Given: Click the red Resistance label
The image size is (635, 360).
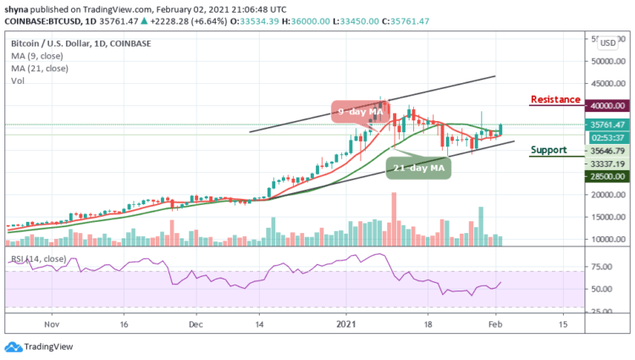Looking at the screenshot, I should pyautogui.click(x=555, y=100).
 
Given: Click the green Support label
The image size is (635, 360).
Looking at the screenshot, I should pyautogui.click(x=548, y=150).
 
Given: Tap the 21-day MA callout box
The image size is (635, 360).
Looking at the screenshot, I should pyautogui.click(x=417, y=168).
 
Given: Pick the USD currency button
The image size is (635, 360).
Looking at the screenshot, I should pyautogui.click(x=607, y=42).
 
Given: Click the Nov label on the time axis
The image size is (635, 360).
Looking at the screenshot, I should pyautogui.click(x=51, y=324).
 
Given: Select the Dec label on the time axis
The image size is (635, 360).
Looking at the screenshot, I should pyautogui.click(x=196, y=324).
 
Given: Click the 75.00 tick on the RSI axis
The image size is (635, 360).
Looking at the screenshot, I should pyautogui.click(x=602, y=267).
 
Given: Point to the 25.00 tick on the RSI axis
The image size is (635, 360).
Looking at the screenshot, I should pyautogui.click(x=602, y=311).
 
